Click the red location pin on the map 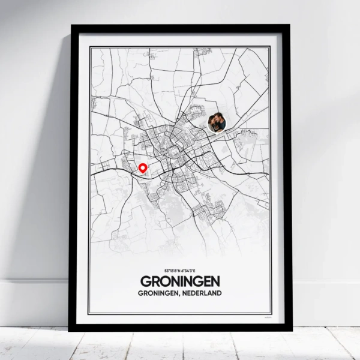143,169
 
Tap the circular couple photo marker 217,123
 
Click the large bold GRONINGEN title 179,281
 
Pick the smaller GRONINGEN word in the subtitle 159,293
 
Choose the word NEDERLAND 202,293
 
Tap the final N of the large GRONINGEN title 215,281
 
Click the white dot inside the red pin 143,167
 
